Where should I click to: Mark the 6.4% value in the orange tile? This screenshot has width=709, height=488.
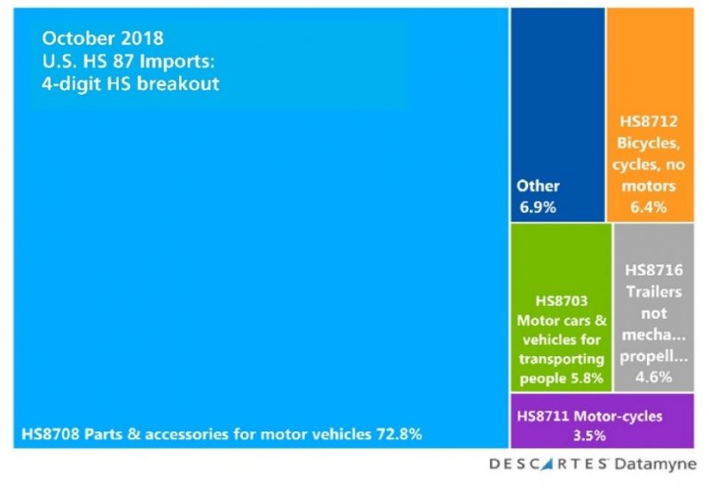[650, 205]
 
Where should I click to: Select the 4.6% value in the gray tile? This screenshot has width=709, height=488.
[653, 376]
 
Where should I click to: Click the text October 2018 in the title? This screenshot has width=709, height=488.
[103, 39]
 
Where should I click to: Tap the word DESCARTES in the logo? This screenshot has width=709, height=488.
[548, 464]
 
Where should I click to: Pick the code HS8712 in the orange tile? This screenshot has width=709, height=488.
[650, 123]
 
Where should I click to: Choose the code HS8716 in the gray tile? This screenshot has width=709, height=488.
[653, 268]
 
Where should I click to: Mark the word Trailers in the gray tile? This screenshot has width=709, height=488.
[653, 290]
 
